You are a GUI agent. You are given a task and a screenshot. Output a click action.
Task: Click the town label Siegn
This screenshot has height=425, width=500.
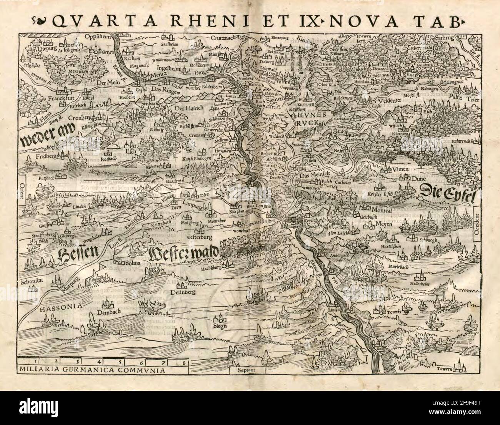coord(219,327)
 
